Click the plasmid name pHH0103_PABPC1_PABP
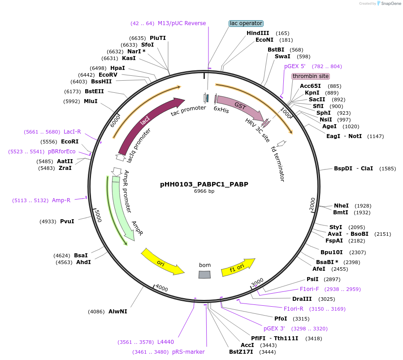(204, 184)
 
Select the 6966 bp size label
(204, 191)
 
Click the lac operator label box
(246, 23)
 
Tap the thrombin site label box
(311, 76)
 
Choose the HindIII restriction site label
(258, 33)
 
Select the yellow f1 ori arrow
(238, 266)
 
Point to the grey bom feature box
(205, 274)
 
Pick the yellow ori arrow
(161, 262)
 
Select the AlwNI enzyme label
(118, 311)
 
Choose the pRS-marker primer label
(188, 352)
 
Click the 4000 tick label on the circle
(162, 288)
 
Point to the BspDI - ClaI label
(354, 169)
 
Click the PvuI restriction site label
(67, 221)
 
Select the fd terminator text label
(278, 163)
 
